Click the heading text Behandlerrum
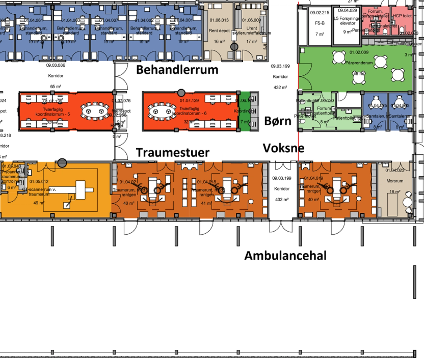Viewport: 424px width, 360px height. click(x=177, y=70)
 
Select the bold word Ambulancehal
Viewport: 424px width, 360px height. click(x=285, y=256)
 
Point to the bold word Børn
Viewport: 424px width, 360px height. click(x=278, y=121)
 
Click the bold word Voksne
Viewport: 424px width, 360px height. click(x=283, y=148)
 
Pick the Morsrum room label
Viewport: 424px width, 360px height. click(x=395, y=181)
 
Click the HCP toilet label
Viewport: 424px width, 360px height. click(x=405, y=16)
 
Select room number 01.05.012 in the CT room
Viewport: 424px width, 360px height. click(x=39, y=181)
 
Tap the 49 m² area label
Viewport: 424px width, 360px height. click(x=39, y=203)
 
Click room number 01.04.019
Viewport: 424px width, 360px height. click(x=313, y=178)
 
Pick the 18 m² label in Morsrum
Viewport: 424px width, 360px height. click(x=394, y=191)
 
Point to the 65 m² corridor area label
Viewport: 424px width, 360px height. click(x=56, y=87)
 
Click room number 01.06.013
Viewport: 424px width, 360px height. click(x=219, y=20)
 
